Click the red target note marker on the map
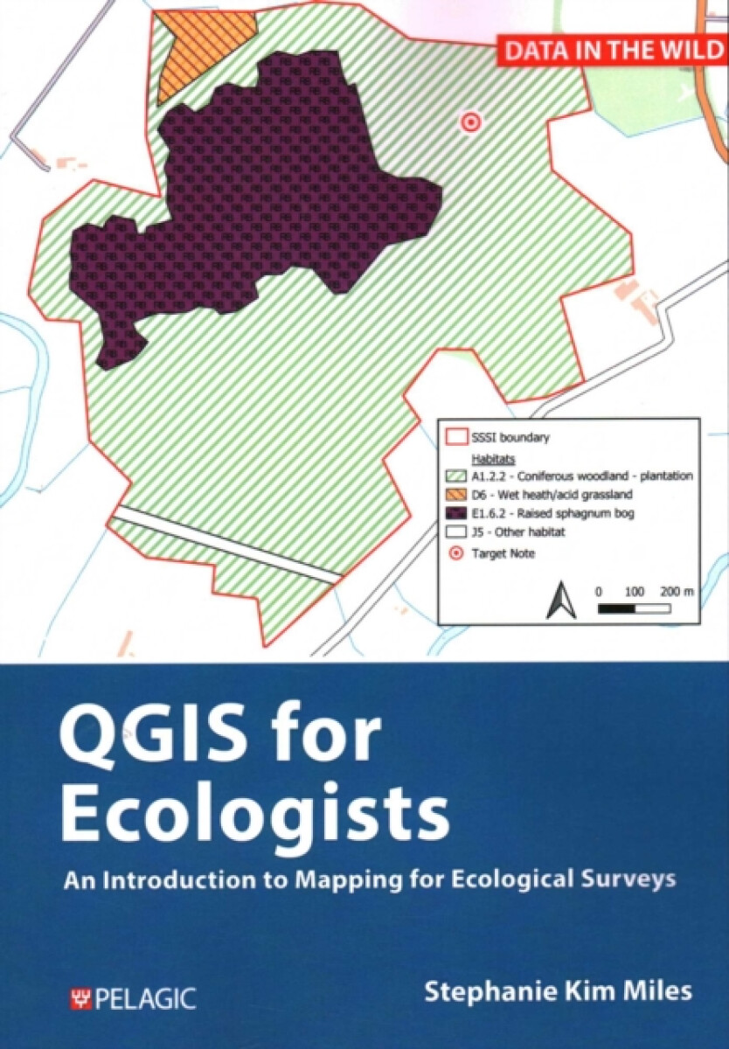click(471, 123)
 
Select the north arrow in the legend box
click(558, 601)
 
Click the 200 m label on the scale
click(677, 592)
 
